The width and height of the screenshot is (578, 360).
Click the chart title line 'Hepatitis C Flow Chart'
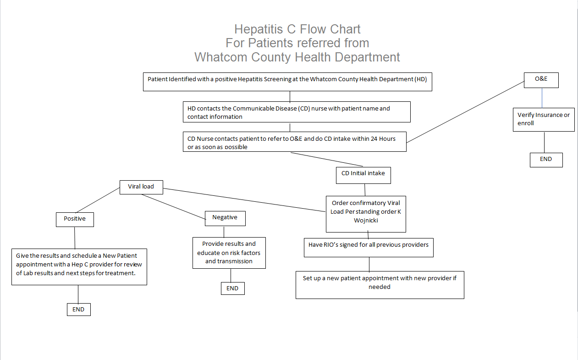coord(297,29)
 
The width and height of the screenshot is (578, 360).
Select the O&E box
coord(541,79)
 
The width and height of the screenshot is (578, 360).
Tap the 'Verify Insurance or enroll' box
coord(544,119)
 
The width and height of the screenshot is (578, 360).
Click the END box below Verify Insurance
coord(545,160)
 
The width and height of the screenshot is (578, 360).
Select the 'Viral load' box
coord(141,187)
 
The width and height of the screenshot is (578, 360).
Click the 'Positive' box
coord(75,219)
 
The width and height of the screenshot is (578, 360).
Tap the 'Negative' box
coord(225,218)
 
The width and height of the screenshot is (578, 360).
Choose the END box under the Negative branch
coord(232,288)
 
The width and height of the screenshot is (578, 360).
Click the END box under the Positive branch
coord(78,310)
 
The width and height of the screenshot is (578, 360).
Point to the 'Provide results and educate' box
coord(229,253)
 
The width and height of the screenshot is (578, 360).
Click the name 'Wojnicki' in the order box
coord(366,220)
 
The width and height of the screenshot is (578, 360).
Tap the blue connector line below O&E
coord(542,97)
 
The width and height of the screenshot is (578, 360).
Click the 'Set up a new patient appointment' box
coord(380,282)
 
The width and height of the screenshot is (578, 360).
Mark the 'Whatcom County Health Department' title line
coord(297,57)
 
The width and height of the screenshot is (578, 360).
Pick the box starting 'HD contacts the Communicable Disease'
coord(296,112)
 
